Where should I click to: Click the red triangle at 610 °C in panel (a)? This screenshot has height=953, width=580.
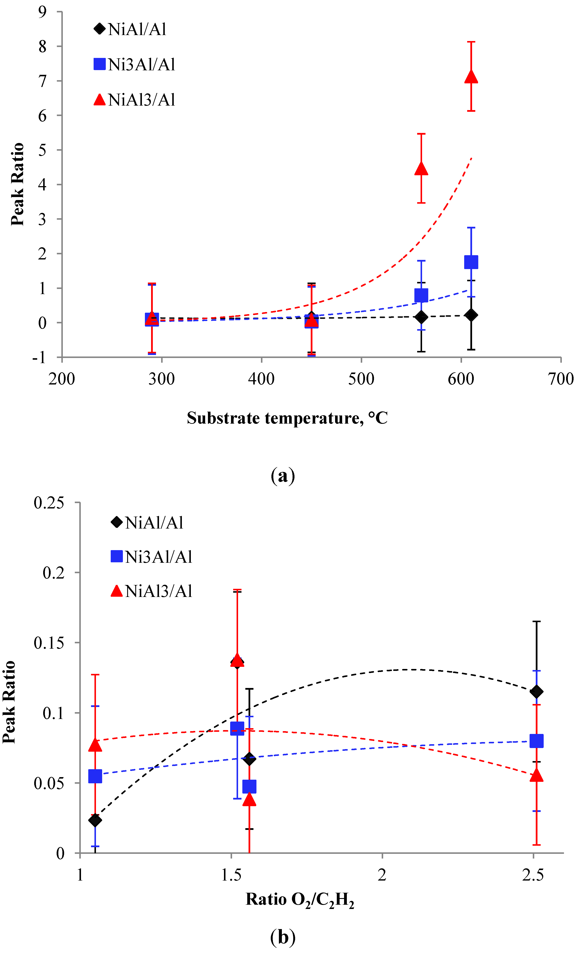[x=471, y=77]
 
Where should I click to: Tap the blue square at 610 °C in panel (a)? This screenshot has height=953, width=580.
[x=471, y=262]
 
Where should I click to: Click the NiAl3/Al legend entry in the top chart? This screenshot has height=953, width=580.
[x=134, y=100]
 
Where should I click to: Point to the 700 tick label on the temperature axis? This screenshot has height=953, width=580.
[x=561, y=379]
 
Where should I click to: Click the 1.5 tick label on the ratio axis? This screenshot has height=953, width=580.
[x=231, y=875]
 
